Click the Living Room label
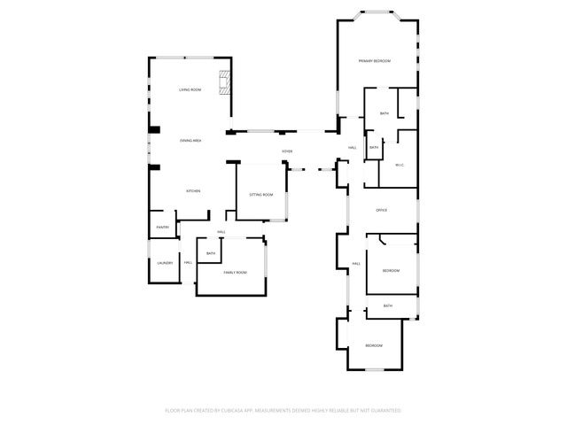click(190, 90)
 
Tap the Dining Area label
click(190, 141)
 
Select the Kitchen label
click(192, 191)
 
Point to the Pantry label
click(163, 228)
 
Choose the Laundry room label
click(165, 263)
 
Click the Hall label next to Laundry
click(188, 263)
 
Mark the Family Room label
click(235, 272)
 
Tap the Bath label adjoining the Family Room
click(211, 254)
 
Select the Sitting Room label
click(260, 194)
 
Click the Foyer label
click(287, 151)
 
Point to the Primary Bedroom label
click(375, 61)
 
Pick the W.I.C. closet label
click(400, 164)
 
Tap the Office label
click(382, 210)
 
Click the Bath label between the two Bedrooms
click(388, 305)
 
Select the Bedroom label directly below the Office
click(392, 270)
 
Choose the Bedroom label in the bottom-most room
click(374, 345)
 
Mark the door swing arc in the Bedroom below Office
click(380, 239)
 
